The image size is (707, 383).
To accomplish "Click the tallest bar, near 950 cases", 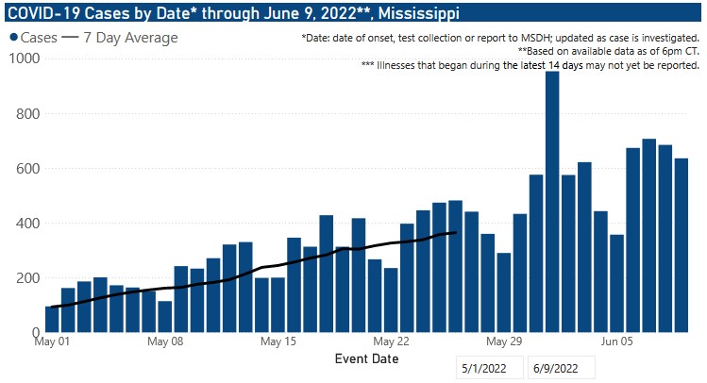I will [x=552, y=202].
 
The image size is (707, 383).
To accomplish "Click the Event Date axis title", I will [x=366, y=359].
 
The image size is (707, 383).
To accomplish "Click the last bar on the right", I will [x=682, y=245].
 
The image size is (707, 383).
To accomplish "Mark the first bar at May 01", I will [x=51, y=320].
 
